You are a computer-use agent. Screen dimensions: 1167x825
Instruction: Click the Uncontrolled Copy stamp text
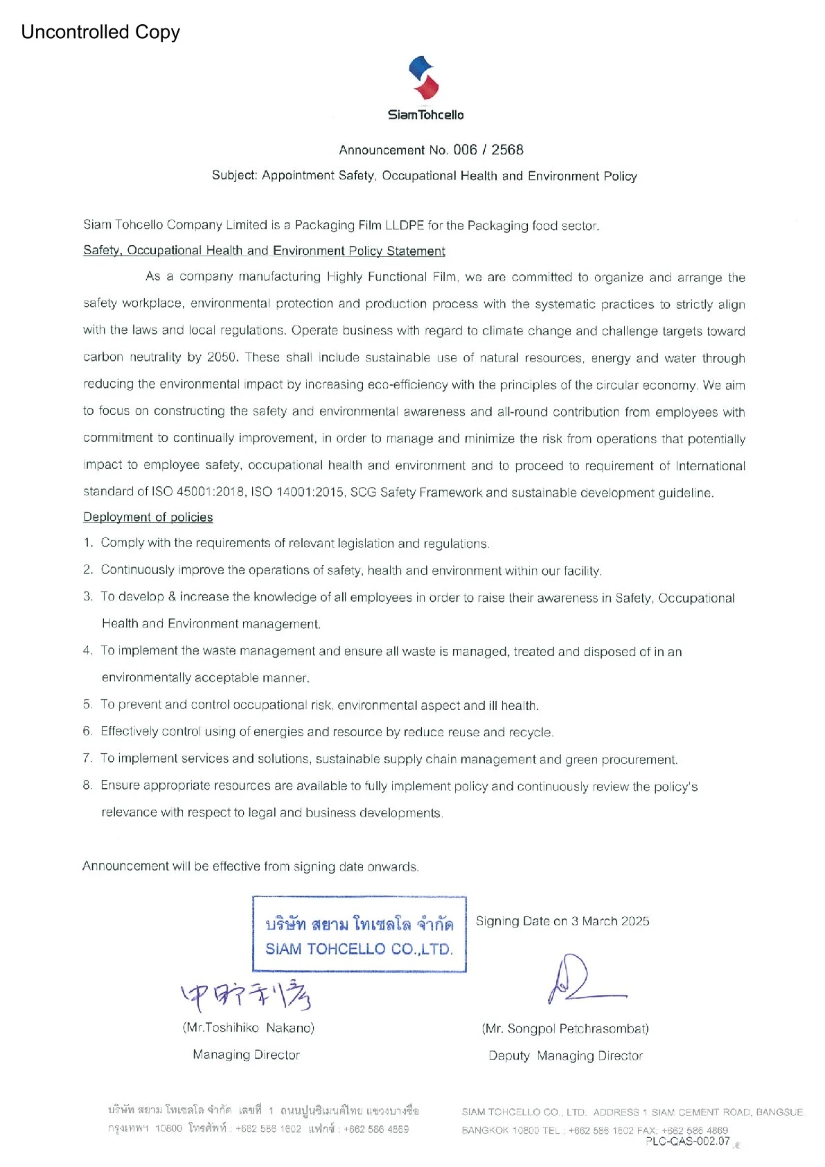point(100,32)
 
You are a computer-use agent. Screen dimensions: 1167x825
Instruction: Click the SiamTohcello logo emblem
point(424,78)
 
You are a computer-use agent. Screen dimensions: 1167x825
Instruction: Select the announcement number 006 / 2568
point(488,150)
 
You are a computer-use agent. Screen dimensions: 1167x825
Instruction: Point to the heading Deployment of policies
point(148,517)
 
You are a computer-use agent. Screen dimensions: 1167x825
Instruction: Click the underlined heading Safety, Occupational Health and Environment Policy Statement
point(264,251)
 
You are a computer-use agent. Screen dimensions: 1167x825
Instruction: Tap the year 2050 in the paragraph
point(222,357)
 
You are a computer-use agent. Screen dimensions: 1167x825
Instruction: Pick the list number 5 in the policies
point(87,704)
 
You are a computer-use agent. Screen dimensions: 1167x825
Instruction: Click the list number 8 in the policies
point(87,785)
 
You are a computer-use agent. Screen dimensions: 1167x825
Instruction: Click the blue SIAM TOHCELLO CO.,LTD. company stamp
point(359,934)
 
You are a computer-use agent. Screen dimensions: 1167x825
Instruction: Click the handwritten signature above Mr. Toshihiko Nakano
point(247,995)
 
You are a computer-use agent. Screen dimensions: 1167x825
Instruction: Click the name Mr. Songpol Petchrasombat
point(565,1028)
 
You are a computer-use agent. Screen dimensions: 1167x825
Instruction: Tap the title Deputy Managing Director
point(565,1055)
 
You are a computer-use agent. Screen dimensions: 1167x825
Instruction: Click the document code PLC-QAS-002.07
point(687,1141)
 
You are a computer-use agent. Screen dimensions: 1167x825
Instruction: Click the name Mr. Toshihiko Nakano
point(249,1028)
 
